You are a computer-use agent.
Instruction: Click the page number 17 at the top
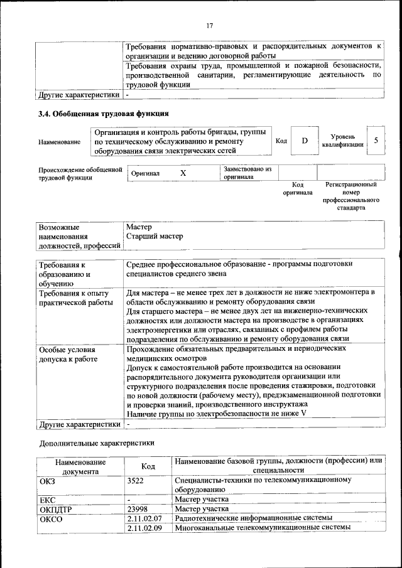coord(210,26)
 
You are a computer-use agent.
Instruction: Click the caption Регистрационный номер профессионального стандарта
coord(350,196)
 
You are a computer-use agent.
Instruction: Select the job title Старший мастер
coord(155,237)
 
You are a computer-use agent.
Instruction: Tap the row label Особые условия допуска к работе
coord(68,354)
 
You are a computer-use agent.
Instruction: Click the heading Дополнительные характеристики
coord(96,442)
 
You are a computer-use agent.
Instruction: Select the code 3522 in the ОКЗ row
coord(136,480)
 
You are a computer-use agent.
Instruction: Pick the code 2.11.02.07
coord(144,518)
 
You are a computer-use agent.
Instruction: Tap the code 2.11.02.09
coord(144,528)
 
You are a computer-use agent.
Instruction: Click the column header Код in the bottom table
coord(148,466)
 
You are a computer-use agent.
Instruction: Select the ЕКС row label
coord(48,500)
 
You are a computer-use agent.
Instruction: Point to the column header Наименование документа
coord(80,466)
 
